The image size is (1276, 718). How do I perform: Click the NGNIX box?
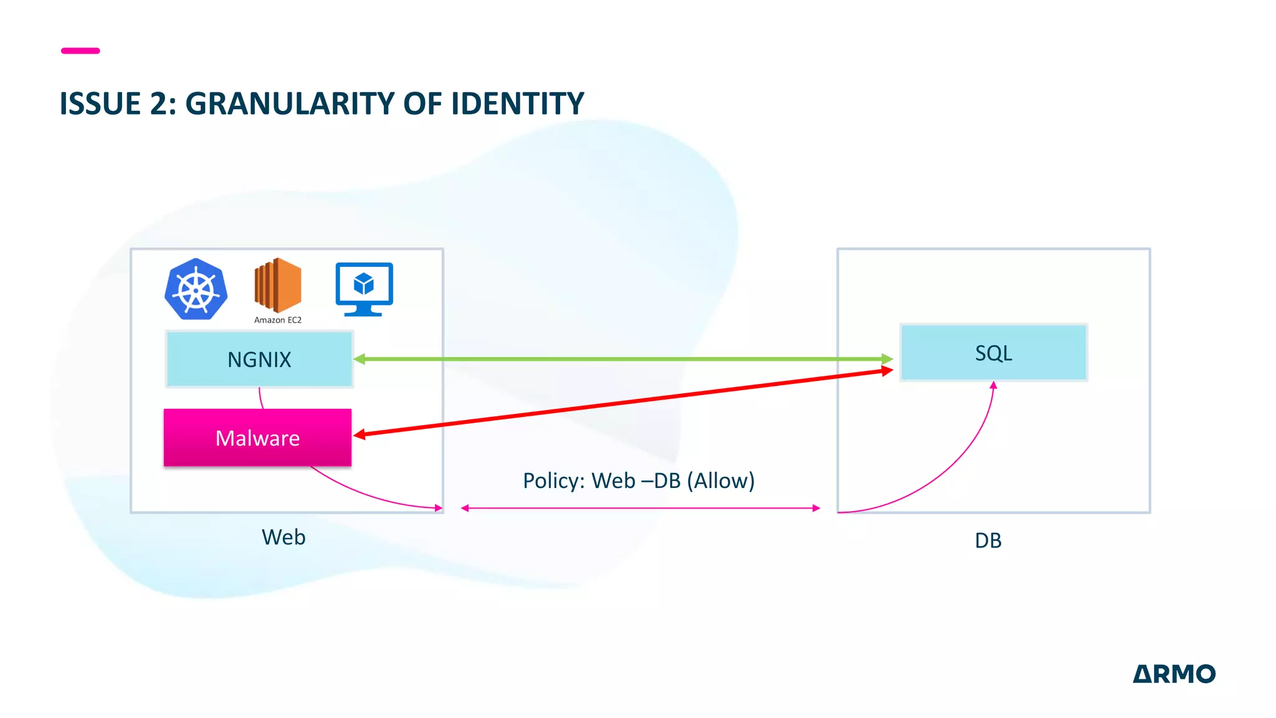[259, 360]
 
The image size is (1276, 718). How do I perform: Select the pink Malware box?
[257, 438]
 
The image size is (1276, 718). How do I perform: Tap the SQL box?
[993, 353]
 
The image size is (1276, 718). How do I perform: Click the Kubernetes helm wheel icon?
[196, 290]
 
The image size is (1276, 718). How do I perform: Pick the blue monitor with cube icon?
[364, 289]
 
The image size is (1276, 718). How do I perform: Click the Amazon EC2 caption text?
[278, 320]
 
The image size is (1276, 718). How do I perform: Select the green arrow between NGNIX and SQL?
[623, 359]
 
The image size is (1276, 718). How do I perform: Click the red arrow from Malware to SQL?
[623, 403]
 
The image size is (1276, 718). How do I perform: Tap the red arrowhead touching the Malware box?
[359, 434]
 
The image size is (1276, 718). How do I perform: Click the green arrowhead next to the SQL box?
[887, 359]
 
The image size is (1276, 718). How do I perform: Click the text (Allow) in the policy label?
[721, 481]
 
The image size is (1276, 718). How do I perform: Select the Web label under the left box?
[283, 537]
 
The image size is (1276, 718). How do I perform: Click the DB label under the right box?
[988, 540]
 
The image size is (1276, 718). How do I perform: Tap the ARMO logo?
[1174, 674]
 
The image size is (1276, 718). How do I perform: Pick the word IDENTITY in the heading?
[517, 103]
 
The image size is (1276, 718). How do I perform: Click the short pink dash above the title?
[80, 50]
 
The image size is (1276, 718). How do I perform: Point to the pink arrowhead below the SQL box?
[993, 386]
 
